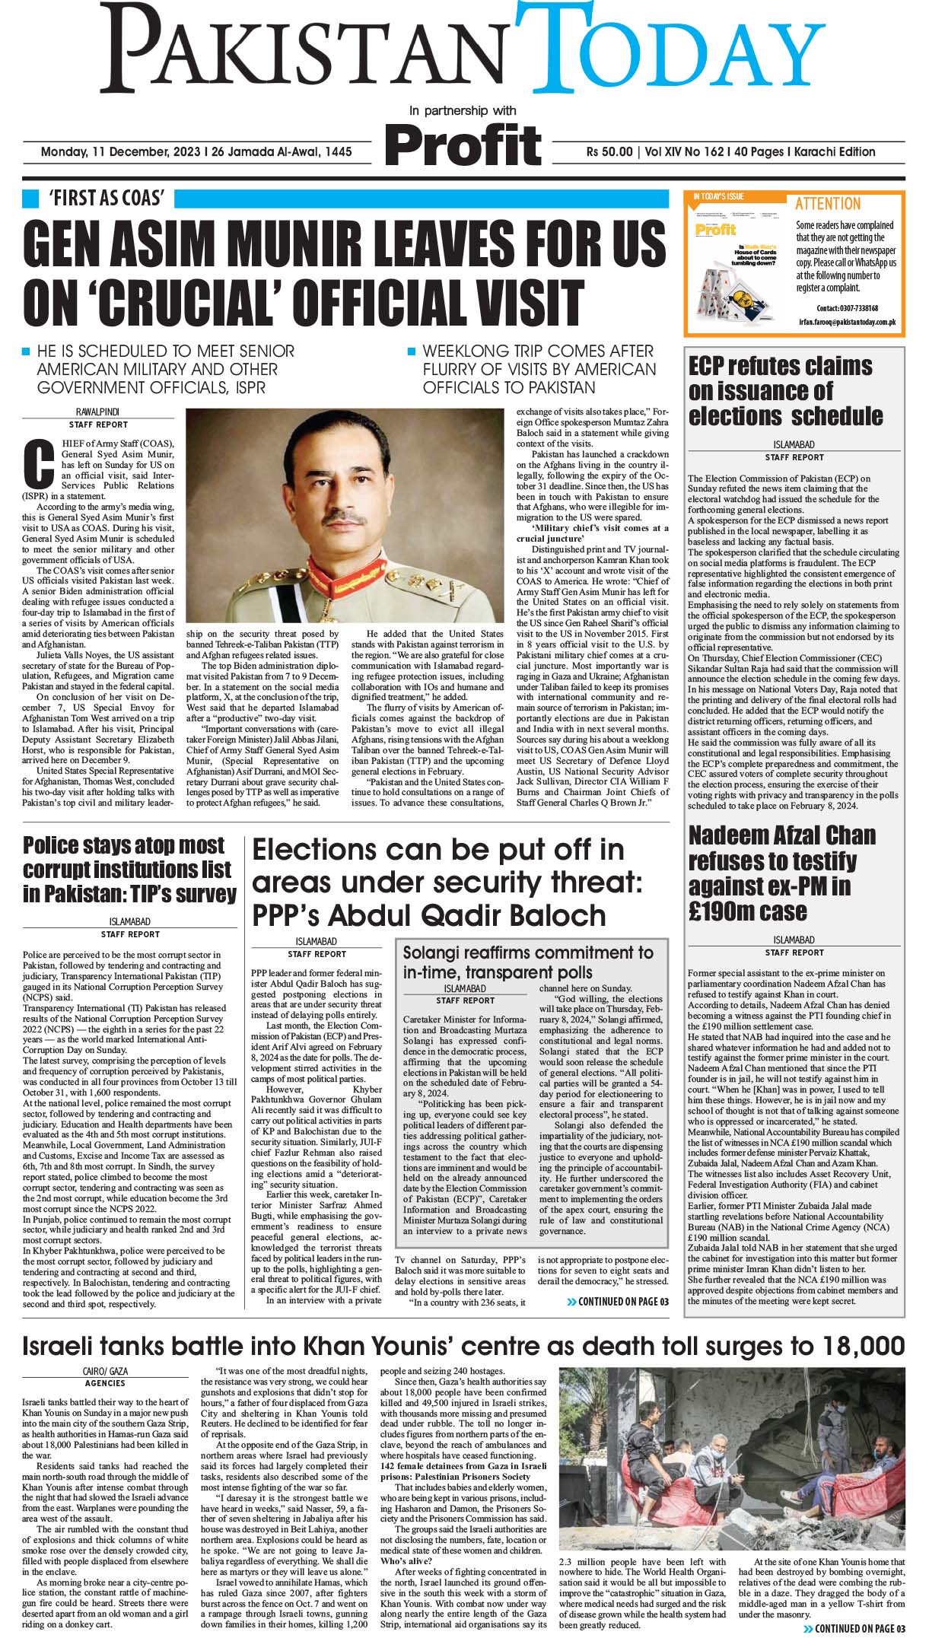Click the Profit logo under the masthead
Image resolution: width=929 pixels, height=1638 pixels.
[x=464, y=144]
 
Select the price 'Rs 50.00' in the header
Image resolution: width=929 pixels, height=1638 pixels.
[x=609, y=151]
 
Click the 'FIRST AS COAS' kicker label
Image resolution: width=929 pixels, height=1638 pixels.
[x=107, y=199]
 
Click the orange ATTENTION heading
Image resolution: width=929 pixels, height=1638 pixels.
[x=828, y=204]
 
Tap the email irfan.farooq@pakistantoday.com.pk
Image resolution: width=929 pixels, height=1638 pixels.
[x=847, y=323]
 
